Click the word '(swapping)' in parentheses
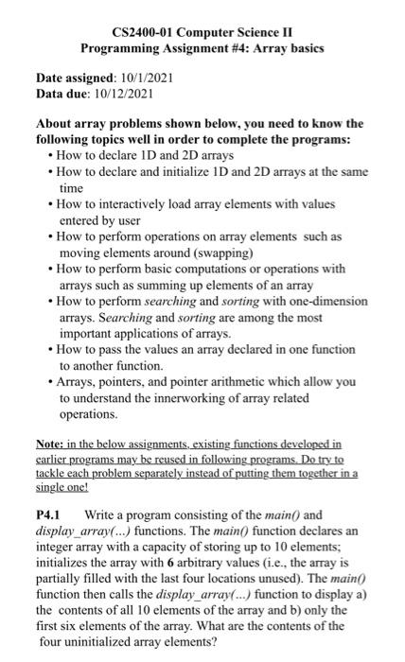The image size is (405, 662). (222, 254)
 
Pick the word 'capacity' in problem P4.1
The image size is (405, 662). (164, 548)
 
